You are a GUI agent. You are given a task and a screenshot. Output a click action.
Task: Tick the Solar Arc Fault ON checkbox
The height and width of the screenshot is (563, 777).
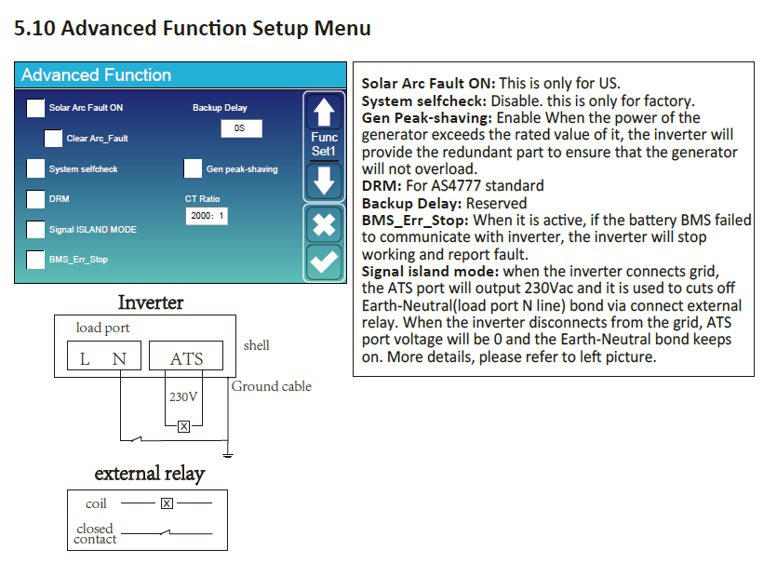click(x=35, y=108)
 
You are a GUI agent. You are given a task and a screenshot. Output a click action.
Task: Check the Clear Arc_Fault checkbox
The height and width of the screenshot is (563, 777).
click(x=53, y=139)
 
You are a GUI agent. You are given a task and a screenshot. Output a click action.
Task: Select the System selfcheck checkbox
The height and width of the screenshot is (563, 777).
click(x=35, y=168)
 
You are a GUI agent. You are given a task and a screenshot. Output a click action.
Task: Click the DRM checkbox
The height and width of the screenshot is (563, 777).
click(x=35, y=199)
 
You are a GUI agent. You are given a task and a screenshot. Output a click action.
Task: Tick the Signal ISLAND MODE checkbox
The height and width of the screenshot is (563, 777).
click(x=35, y=230)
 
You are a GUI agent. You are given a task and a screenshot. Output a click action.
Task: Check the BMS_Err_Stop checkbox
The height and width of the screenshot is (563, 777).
click(x=35, y=260)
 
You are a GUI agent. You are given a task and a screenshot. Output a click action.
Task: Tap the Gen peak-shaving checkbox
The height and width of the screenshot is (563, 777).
click(x=193, y=168)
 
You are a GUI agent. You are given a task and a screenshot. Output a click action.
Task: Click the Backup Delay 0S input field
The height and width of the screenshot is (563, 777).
click(x=241, y=128)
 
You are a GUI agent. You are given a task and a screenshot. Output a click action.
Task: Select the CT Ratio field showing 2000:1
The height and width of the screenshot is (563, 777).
click(x=207, y=216)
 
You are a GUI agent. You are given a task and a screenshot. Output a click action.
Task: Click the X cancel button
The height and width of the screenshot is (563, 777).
click(x=324, y=225)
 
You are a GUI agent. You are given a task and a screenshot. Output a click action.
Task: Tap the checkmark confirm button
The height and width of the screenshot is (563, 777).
click(x=324, y=262)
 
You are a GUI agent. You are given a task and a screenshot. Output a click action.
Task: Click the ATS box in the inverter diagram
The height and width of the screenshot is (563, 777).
click(x=186, y=355)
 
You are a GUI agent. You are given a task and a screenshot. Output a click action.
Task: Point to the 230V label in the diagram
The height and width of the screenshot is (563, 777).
click(x=183, y=397)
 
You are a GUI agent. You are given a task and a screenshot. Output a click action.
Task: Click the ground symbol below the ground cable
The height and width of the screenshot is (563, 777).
click(x=228, y=455)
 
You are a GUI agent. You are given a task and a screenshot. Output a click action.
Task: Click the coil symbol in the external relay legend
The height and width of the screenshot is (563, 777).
click(x=167, y=503)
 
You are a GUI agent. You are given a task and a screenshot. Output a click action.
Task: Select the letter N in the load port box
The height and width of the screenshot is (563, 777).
click(x=119, y=359)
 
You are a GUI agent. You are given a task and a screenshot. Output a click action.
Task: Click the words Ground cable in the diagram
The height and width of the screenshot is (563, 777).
click(x=272, y=386)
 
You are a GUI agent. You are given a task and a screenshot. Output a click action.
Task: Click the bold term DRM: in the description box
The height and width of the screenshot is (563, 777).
click(x=382, y=186)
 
